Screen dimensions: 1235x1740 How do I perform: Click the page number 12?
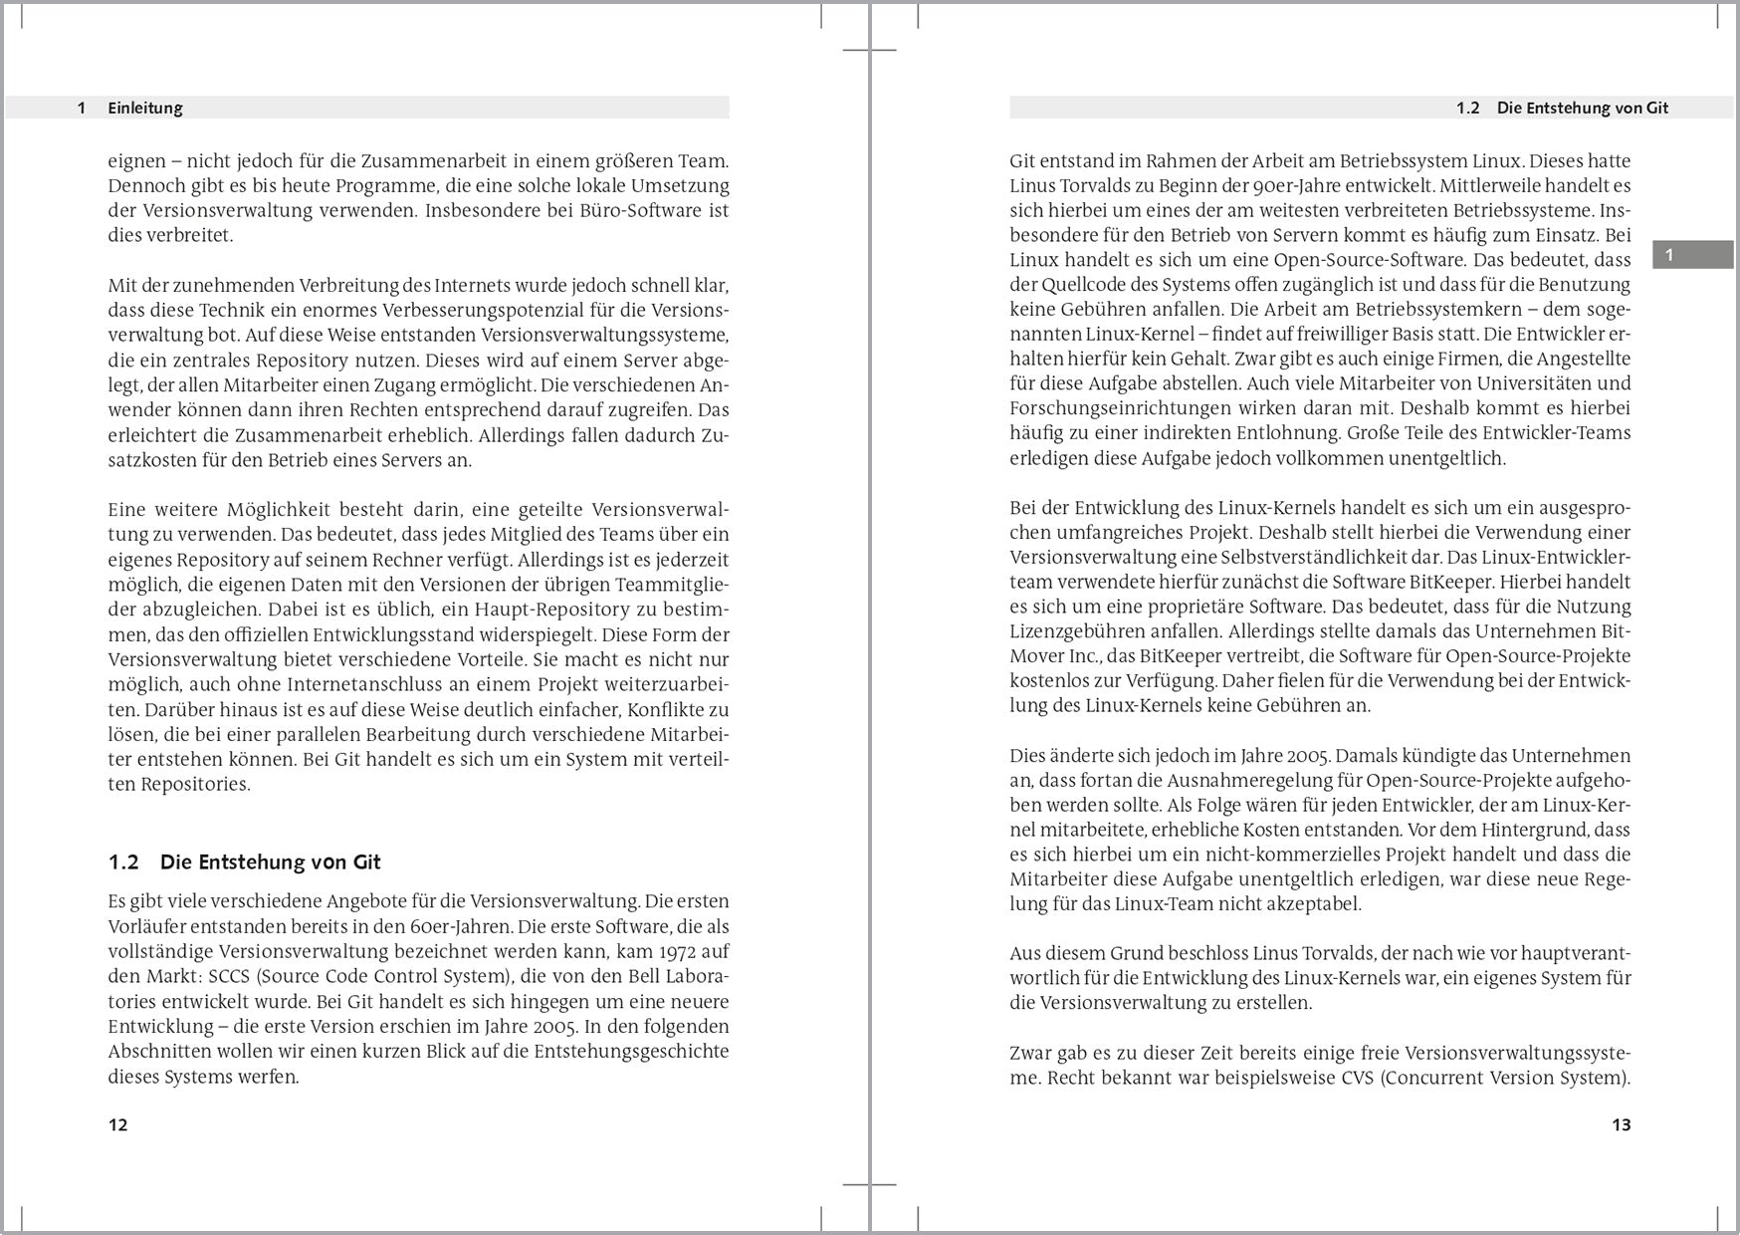[117, 1125]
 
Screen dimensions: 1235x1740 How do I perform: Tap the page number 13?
[1621, 1125]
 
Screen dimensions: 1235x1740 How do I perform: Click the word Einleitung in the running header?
[145, 109]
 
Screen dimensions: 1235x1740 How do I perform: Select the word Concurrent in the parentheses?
[1443, 1078]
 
